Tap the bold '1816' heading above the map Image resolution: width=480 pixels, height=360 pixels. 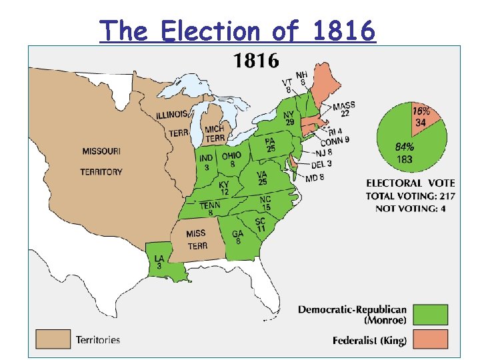(255, 61)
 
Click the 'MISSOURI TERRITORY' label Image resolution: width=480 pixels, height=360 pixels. (101, 161)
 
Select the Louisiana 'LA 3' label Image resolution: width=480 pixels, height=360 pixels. (159, 262)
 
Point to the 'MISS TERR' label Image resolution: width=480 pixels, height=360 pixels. (197, 239)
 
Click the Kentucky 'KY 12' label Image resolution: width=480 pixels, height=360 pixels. (224, 188)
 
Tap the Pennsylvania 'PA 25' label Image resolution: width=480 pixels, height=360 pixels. (270, 145)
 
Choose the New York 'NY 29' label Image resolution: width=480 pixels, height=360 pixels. (289, 118)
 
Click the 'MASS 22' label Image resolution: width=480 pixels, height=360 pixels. (344, 109)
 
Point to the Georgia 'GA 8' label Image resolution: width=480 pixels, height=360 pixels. (238, 237)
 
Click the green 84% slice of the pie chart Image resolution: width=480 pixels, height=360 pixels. (407, 150)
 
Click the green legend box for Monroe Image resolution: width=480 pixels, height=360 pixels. (430, 314)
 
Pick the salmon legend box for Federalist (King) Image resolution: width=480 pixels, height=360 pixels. (430, 340)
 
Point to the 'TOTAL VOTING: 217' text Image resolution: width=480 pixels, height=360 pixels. (409, 195)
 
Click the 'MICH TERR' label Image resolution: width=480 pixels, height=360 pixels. (214, 133)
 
